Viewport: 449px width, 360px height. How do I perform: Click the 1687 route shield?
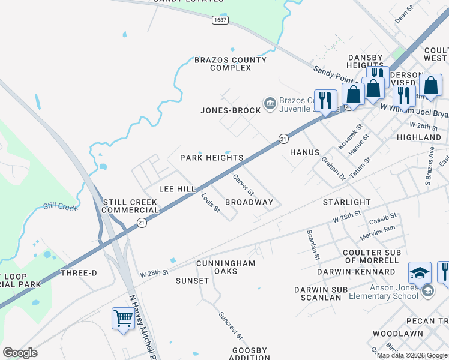point(220,20)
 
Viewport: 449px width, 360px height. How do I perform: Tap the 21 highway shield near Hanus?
point(282,139)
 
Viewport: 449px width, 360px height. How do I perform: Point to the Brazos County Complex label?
point(231,64)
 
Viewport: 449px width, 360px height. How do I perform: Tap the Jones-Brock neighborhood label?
point(231,110)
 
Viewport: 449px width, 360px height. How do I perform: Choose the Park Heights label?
point(212,158)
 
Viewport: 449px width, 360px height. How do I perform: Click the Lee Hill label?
point(177,189)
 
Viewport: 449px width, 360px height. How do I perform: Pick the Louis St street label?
point(210,202)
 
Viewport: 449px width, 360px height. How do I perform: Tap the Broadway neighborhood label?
point(249,202)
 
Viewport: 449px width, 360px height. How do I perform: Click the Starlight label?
point(347,202)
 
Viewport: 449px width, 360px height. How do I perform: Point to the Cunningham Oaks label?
point(226,267)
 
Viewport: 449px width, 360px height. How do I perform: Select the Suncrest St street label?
point(230,325)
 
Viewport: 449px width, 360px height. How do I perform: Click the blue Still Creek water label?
point(61,208)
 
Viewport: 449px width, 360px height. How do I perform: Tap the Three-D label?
point(79,272)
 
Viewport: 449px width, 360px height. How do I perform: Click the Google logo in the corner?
point(20,353)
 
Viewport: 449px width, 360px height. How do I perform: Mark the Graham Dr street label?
point(334,169)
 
